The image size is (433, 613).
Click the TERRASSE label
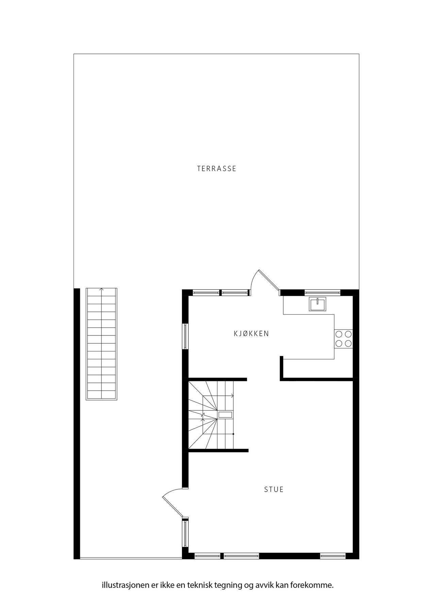[x=217, y=169]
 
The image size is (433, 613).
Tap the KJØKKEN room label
[x=251, y=334]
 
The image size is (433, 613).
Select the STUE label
[x=274, y=490]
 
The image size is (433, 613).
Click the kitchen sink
[x=317, y=304]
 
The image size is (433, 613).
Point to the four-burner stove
[x=343, y=339]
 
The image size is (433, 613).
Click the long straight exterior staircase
[x=102, y=344]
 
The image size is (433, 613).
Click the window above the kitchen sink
[x=322, y=292]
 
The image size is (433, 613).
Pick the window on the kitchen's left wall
[x=185, y=336]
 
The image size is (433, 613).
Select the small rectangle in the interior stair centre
[x=225, y=414]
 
